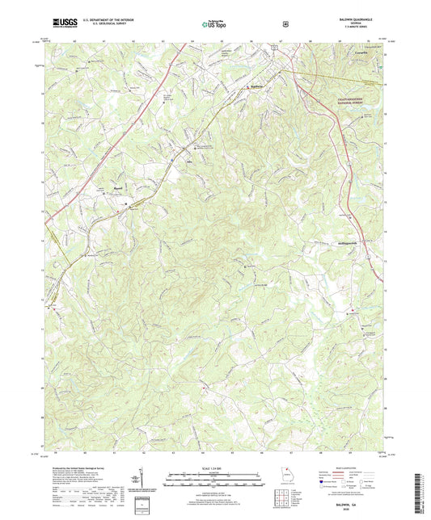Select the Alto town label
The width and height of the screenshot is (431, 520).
(x=192, y=159)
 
